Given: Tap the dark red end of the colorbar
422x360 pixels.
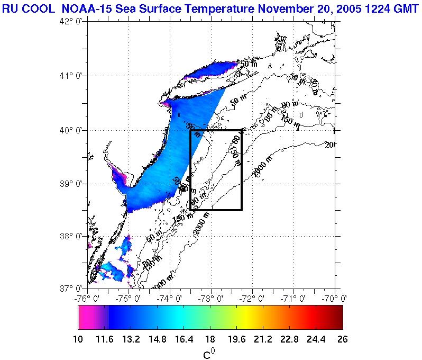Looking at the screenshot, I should pyautogui.click(x=338, y=318).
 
